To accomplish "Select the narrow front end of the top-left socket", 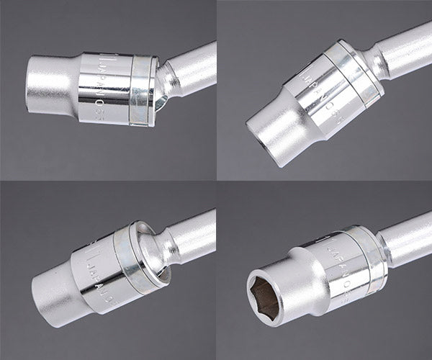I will click(x=47, y=85).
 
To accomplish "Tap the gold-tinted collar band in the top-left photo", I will click(x=143, y=90).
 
